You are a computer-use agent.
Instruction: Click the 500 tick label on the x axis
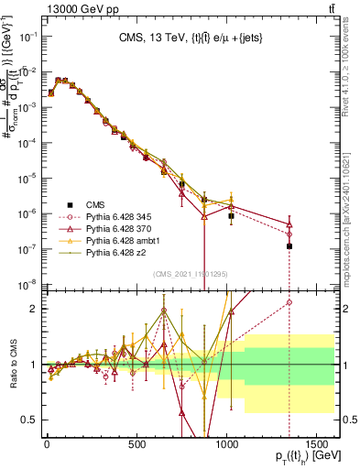click(x=136, y=443)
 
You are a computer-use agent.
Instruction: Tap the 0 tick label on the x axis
click(x=47, y=443)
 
